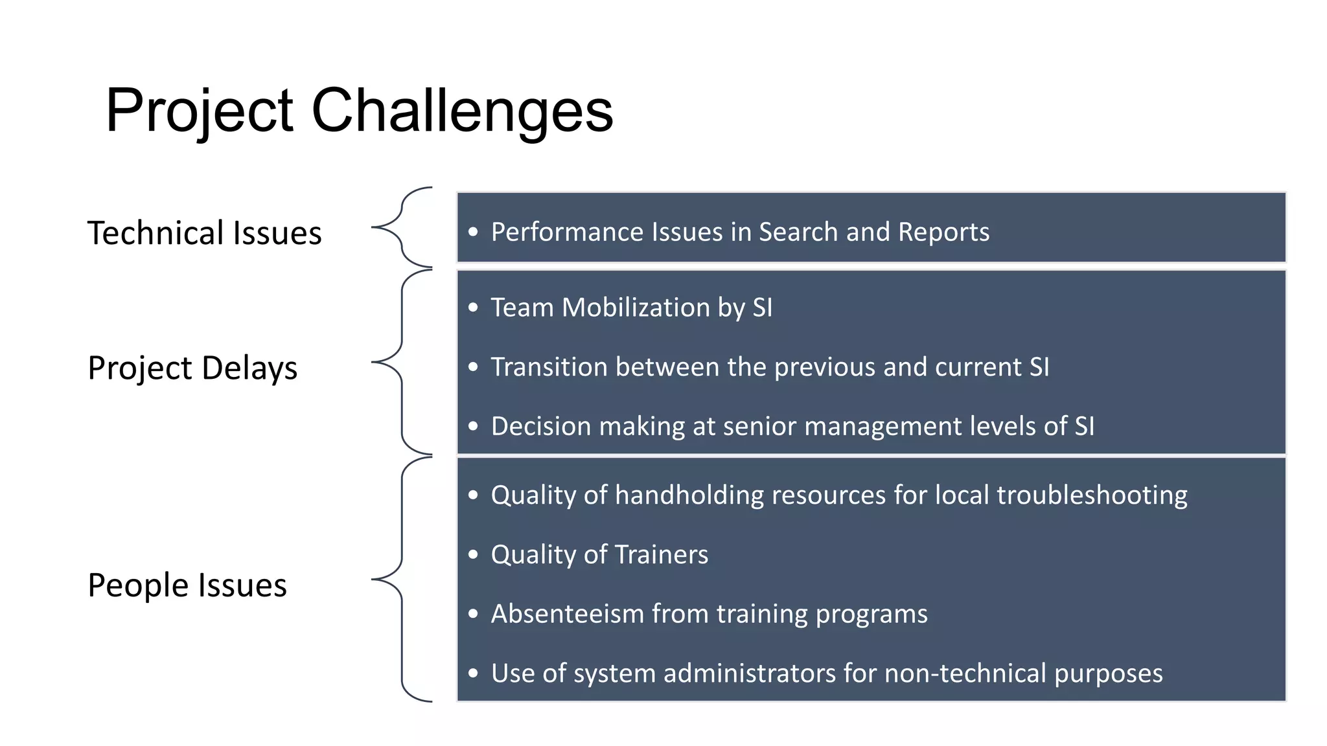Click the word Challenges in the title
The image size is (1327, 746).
pyautogui.click(x=462, y=111)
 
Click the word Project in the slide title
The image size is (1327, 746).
pyautogui.click(x=200, y=111)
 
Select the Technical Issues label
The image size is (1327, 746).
pyautogui.click(x=204, y=233)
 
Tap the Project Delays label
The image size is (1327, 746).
pyautogui.click(x=192, y=368)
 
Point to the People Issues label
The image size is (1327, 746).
pyautogui.click(x=187, y=585)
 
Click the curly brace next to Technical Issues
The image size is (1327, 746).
pyautogui.click(x=402, y=227)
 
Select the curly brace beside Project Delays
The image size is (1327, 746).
pyautogui.click(x=402, y=362)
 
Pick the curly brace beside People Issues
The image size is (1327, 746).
pyautogui.click(x=402, y=579)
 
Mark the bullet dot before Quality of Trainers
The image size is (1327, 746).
pyautogui.click(x=473, y=555)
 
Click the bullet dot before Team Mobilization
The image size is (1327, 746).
pyautogui.click(x=473, y=308)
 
